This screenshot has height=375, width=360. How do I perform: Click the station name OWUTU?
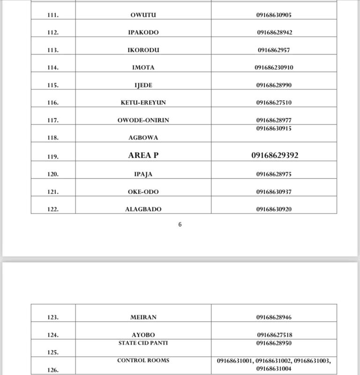point(143,15)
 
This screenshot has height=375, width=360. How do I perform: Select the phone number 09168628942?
point(274,32)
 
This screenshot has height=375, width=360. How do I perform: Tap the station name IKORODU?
point(143,50)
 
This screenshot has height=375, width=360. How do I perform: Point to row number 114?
point(53,68)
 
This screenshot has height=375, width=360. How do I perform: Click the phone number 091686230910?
point(274,68)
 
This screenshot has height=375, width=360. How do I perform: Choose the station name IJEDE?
point(143,85)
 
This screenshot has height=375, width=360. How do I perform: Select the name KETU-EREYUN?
point(143,102)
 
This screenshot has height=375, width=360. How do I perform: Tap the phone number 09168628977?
point(274,120)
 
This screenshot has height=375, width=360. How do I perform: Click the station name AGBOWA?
point(143,138)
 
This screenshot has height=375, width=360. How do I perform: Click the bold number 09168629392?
point(274,155)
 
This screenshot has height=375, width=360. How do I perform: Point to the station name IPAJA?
point(143,174)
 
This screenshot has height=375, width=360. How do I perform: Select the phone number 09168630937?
point(274,191)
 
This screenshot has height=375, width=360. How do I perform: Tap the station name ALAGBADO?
point(143,209)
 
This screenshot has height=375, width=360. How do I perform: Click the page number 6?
point(180,224)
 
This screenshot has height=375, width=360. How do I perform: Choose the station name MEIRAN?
point(143,317)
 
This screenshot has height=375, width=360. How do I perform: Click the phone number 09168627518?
point(274,335)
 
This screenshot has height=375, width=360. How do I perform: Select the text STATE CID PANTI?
point(143,343)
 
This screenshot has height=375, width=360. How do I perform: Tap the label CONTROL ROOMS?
point(143,360)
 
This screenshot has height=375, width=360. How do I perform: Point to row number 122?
point(53,209)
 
